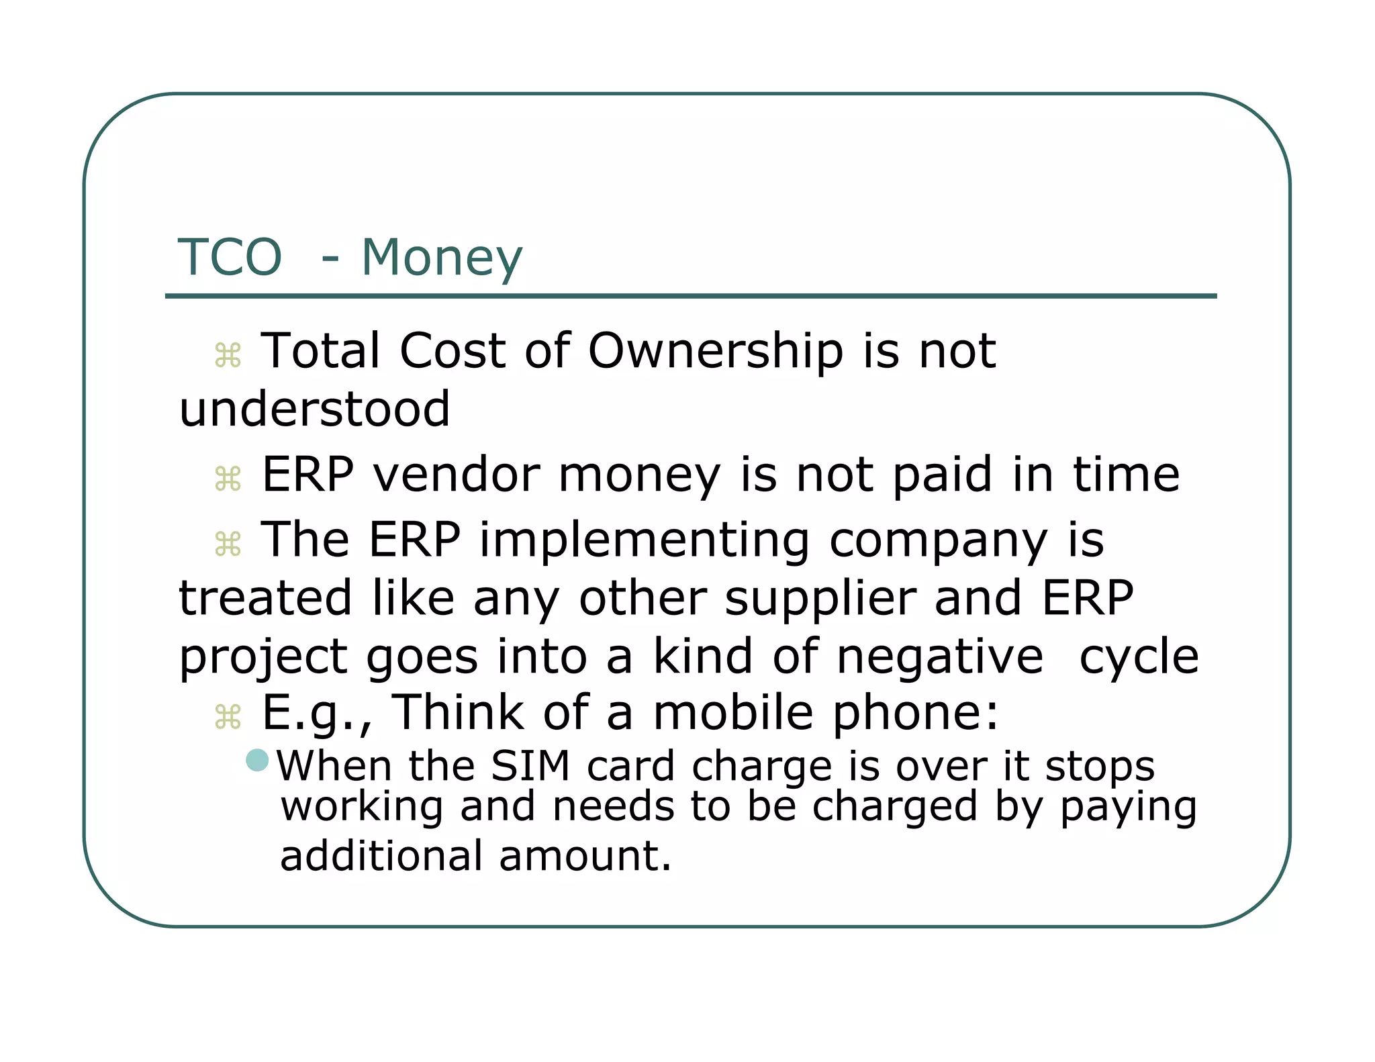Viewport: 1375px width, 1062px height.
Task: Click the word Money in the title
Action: (442, 258)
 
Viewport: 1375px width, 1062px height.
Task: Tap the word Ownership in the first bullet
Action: (715, 351)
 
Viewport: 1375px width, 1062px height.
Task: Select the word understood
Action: (315, 409)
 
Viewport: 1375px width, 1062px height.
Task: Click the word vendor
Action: (457, 475)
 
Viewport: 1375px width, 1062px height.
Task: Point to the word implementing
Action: (645, 541)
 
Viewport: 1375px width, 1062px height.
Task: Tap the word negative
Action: (940, 657)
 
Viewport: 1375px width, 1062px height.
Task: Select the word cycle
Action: (1139, 657)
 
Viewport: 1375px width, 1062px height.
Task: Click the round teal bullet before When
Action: (257, 761)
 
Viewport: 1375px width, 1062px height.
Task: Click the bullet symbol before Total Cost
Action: (228, 355)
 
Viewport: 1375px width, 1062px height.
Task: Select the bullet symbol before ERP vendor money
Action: (228, 479)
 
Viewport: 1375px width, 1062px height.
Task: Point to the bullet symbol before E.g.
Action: (228, 717)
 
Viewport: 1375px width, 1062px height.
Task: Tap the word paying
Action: (1128, 808)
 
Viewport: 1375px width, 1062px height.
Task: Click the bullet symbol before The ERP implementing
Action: (228, 544)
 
